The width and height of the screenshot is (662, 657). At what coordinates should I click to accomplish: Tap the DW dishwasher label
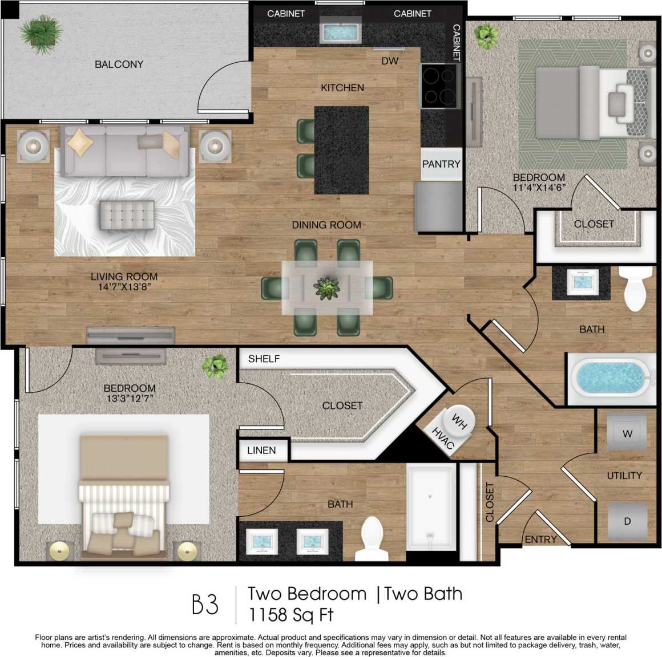(390, 61)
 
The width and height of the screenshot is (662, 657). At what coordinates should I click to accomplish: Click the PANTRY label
(441, 164)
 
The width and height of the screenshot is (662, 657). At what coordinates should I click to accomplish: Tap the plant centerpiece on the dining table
(327, 288)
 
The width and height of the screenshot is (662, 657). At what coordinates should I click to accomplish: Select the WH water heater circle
(459, 420)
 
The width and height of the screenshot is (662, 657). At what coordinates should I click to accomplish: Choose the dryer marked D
(627, 521)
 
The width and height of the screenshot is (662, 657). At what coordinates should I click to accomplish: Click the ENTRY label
(540, 540)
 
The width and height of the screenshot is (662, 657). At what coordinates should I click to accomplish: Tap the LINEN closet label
(261, 451)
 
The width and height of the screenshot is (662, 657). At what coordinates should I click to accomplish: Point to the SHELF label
(264, 359)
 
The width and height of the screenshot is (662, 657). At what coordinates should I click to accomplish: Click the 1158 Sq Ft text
(290, 615)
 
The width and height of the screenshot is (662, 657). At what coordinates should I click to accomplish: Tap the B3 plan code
(205, 605)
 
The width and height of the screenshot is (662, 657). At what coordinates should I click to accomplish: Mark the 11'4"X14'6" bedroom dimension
(539, 187)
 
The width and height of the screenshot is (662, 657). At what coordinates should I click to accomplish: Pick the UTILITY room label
(624, 476)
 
